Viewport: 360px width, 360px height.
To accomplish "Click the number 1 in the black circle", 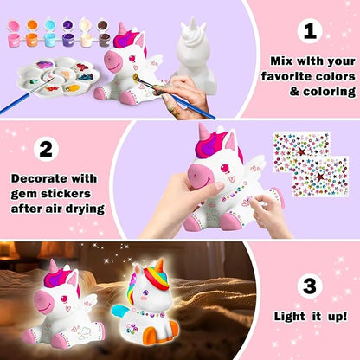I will [309, 33].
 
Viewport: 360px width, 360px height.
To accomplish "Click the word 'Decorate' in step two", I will [42, 178].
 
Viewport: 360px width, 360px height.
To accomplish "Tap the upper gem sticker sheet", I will [300, 148].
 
